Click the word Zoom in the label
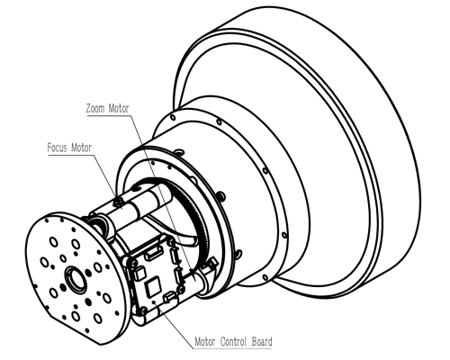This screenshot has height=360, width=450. (x=95, y=108)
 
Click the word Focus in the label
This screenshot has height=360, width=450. (x=57, y=148)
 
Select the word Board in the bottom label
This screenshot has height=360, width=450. (x=262, y=342)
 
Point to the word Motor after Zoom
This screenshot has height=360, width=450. (x=119, y=108)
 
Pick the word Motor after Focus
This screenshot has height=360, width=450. (x=81, y=148)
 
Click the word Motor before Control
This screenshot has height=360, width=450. (x=205, y=342)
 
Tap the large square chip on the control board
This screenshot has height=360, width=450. (x=154, y=287)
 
